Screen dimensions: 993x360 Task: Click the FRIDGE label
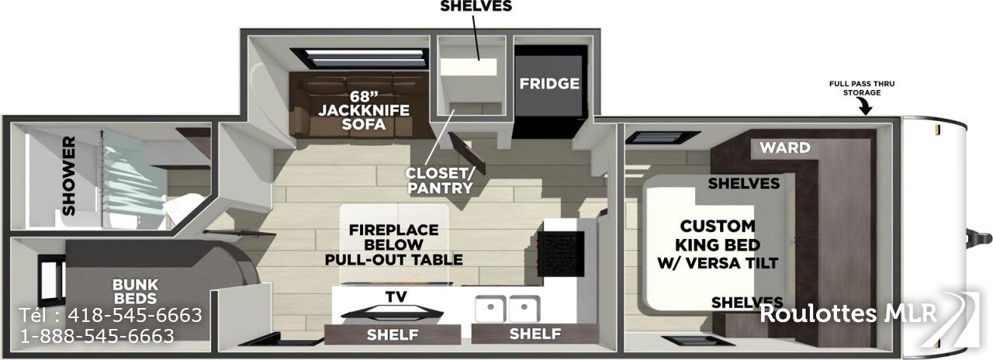[x=549, y=83]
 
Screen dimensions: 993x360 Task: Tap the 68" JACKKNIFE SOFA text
[x=364, y=110]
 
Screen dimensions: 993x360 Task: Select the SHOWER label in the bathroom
[x=69, y=175]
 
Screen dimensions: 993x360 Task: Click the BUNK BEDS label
[x=135, y=291]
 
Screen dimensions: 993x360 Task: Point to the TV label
[x=396, y=297]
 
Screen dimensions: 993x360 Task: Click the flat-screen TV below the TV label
[x=393, y=313]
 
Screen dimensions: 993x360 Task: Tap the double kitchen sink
[x=507, y=309]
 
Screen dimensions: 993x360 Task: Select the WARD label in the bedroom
[x=785, y=147]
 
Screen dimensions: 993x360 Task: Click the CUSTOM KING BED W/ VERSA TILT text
[x=718, y=244]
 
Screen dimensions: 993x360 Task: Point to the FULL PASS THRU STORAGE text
[x=862, y=88]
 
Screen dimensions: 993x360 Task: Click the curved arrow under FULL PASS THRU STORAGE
[x=864, y=107]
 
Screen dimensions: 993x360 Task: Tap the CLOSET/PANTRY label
[x=440, y=181]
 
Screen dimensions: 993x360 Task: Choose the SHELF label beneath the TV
[x=393, y=334]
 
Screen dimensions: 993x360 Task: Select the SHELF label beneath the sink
[x=535, y=334]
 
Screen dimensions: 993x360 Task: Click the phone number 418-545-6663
[x=135, y=315]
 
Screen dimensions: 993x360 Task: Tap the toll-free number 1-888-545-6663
[x=98, y=336]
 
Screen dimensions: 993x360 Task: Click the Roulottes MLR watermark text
[x=848, y=313]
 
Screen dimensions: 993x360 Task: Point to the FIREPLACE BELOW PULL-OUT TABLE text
[x=393, y=244]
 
